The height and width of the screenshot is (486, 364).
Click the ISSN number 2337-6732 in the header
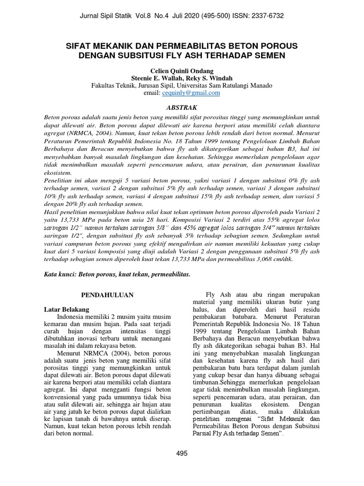[267, 16]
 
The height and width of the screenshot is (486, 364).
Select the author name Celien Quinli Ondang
[182, 70]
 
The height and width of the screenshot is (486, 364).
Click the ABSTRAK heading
[182, 108]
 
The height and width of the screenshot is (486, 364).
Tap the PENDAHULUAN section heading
[107, 295]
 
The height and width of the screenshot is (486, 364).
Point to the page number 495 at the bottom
[182, 453]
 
